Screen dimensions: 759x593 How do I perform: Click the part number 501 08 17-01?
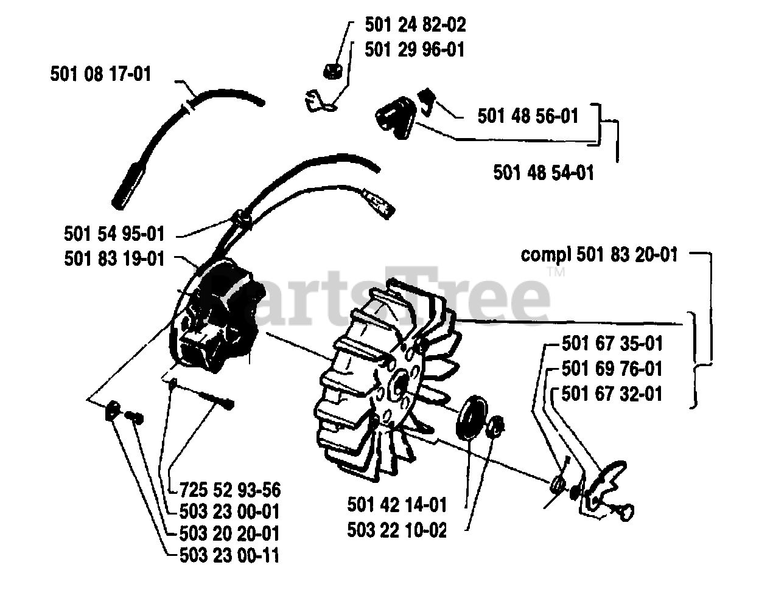[100, 75]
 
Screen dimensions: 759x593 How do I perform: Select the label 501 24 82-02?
[415, 25]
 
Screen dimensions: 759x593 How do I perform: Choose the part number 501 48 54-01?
[544, 172]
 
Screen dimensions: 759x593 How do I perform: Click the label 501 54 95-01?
[114, 234]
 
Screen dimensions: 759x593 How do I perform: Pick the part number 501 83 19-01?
[114, 258]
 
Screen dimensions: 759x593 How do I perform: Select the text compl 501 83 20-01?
[599, 254]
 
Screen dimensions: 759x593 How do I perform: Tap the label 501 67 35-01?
[612, 344]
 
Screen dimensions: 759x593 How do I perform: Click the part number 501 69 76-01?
[612, 369]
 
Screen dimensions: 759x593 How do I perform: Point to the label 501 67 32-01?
[612, 394]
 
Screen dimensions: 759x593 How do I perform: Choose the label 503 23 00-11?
[231, 555]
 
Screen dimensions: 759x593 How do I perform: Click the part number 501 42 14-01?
[397, 505]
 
